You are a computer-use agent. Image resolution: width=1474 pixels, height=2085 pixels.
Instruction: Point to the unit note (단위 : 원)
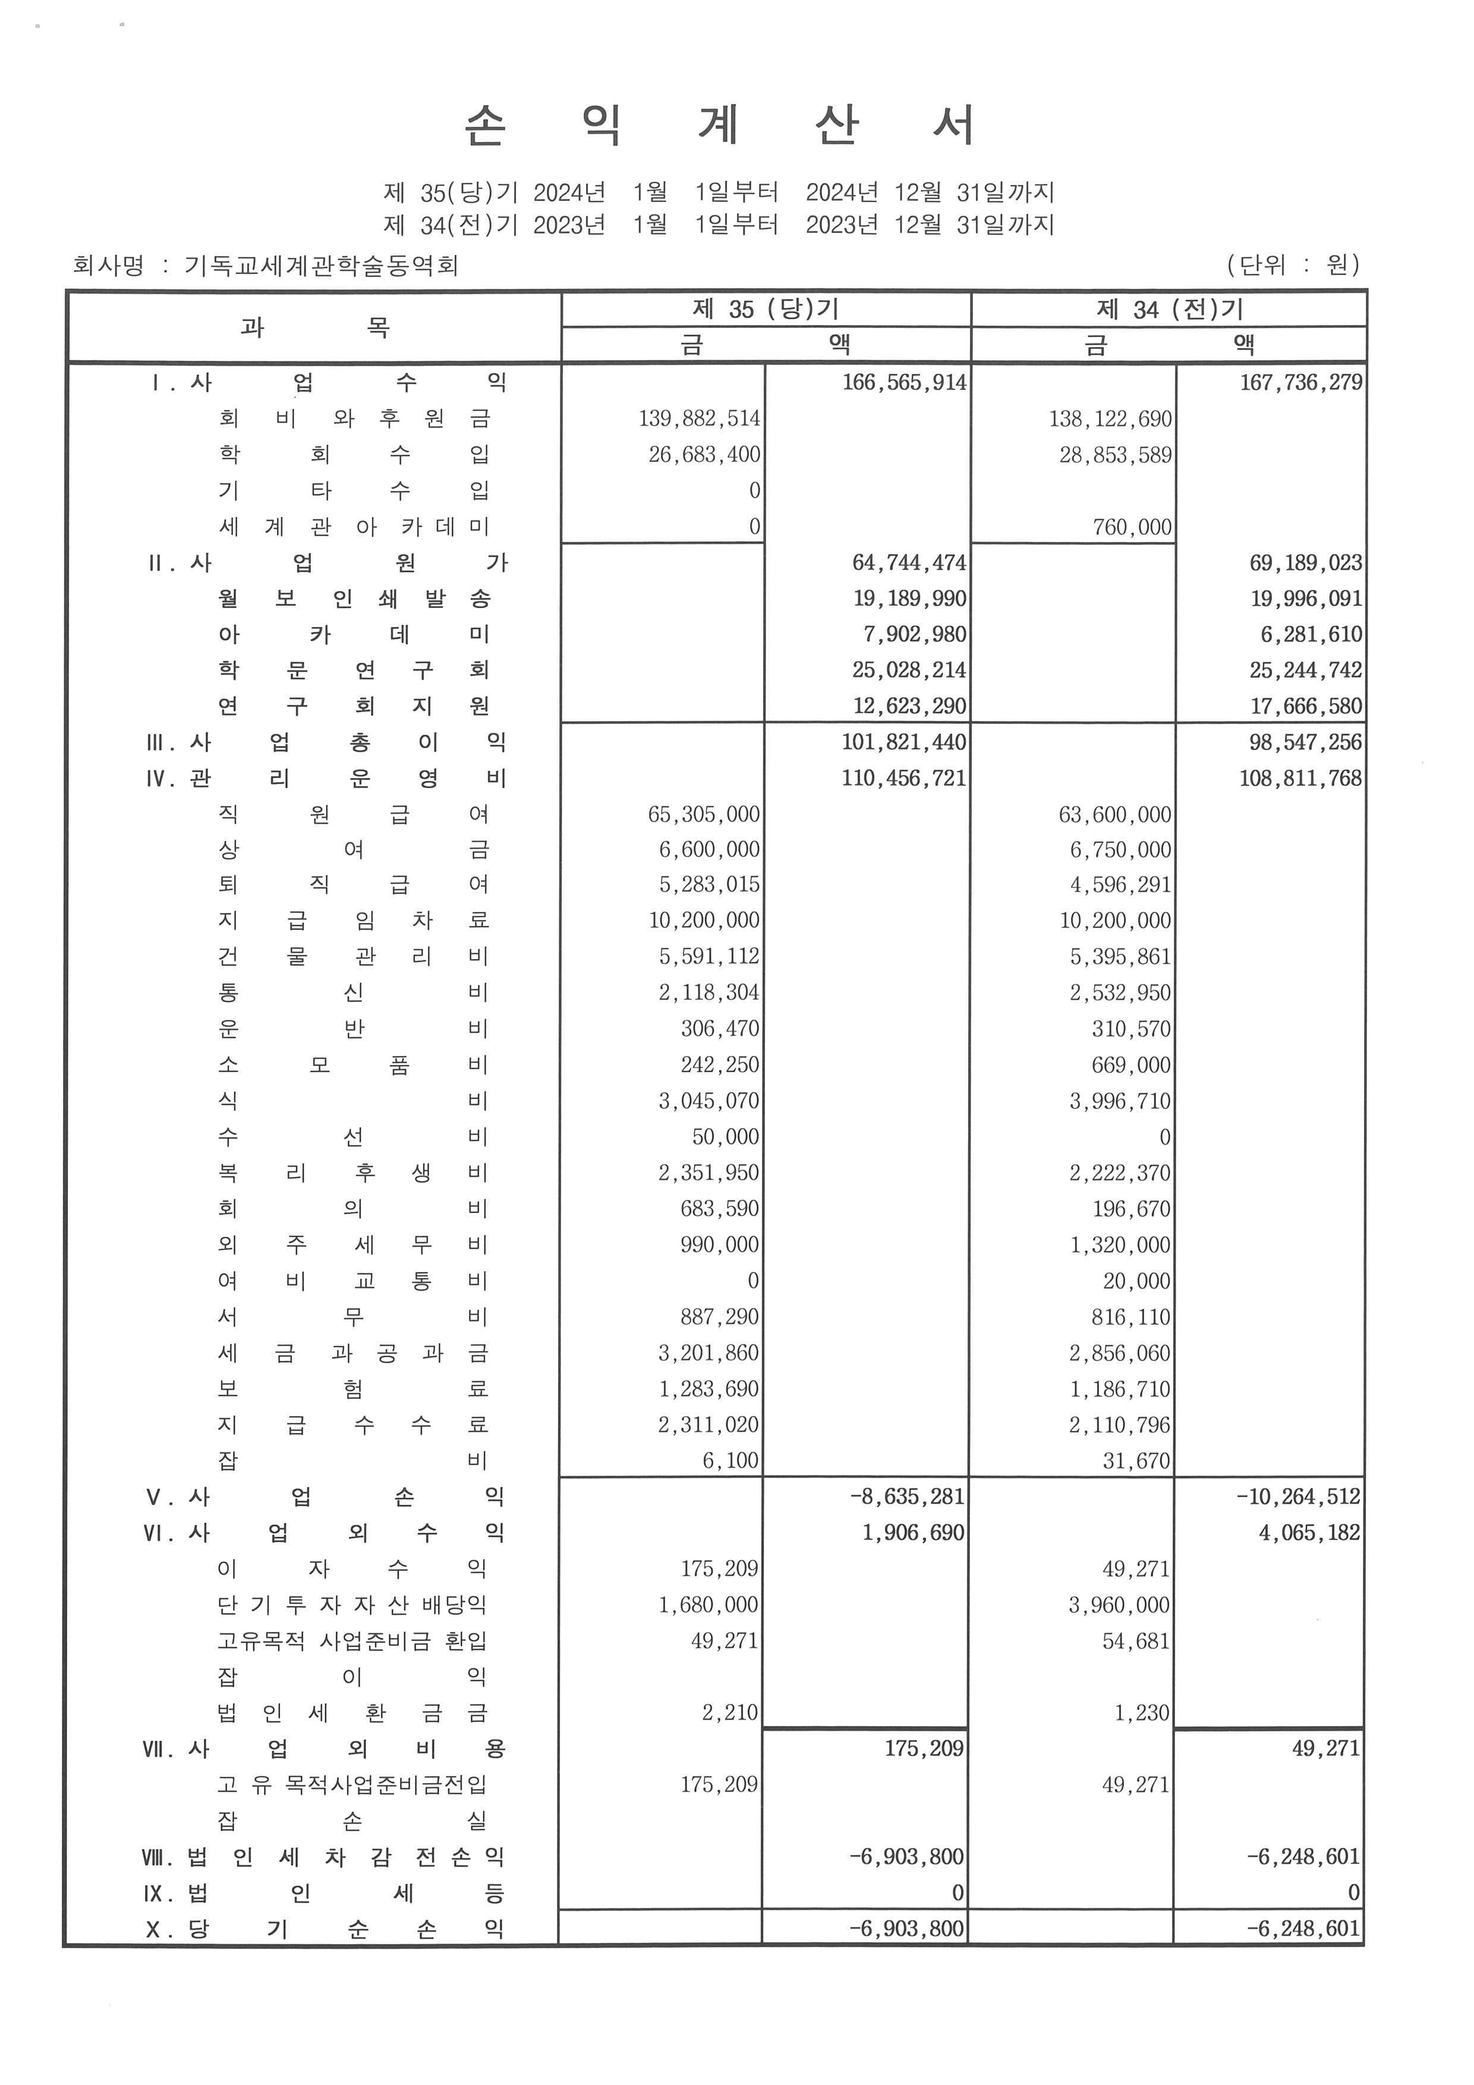pyautogui.click(x=1293, y=264)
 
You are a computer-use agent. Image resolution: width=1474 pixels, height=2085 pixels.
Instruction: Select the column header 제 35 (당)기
pyautogui.click(x=765, y=308)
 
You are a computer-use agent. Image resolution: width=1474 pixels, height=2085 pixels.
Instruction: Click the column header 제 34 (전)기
pyautogui.click(x=1169, y=308)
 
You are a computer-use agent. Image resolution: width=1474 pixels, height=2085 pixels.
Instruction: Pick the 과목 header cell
pyautogui.click(x=314, y=327)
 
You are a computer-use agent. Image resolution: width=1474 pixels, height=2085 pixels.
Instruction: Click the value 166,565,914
pyautogui.click(x=903, y=382)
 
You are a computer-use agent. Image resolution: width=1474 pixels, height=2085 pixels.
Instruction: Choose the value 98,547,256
pyautogui.click(x=1305, y=742)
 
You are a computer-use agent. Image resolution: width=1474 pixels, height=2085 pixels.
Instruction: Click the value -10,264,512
pyautogui.click(x=1298, y=1497)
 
